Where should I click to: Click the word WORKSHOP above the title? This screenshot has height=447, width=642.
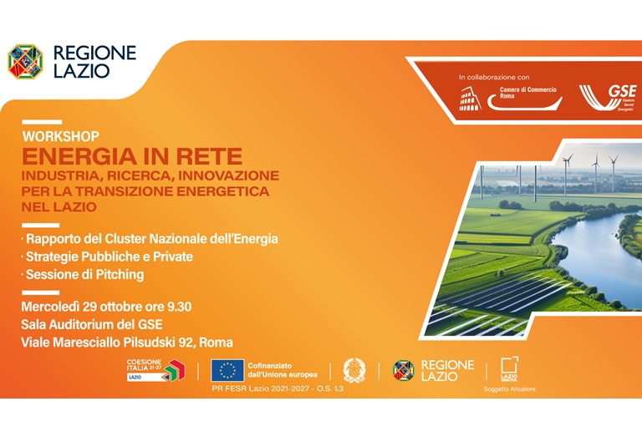point(60,136)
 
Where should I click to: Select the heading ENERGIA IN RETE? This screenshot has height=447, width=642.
point(132,156)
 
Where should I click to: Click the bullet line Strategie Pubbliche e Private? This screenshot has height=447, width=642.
point(109,257)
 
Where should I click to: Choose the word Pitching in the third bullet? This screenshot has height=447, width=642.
point(116,274)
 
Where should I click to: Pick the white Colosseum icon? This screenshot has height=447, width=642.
point(471,99)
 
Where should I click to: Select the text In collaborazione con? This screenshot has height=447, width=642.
point(494,77)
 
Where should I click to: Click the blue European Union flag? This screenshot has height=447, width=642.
point(227,370)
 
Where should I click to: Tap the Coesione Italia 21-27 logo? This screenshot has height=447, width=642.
point(155,370)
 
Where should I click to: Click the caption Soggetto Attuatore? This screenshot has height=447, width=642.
point(509,389)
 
